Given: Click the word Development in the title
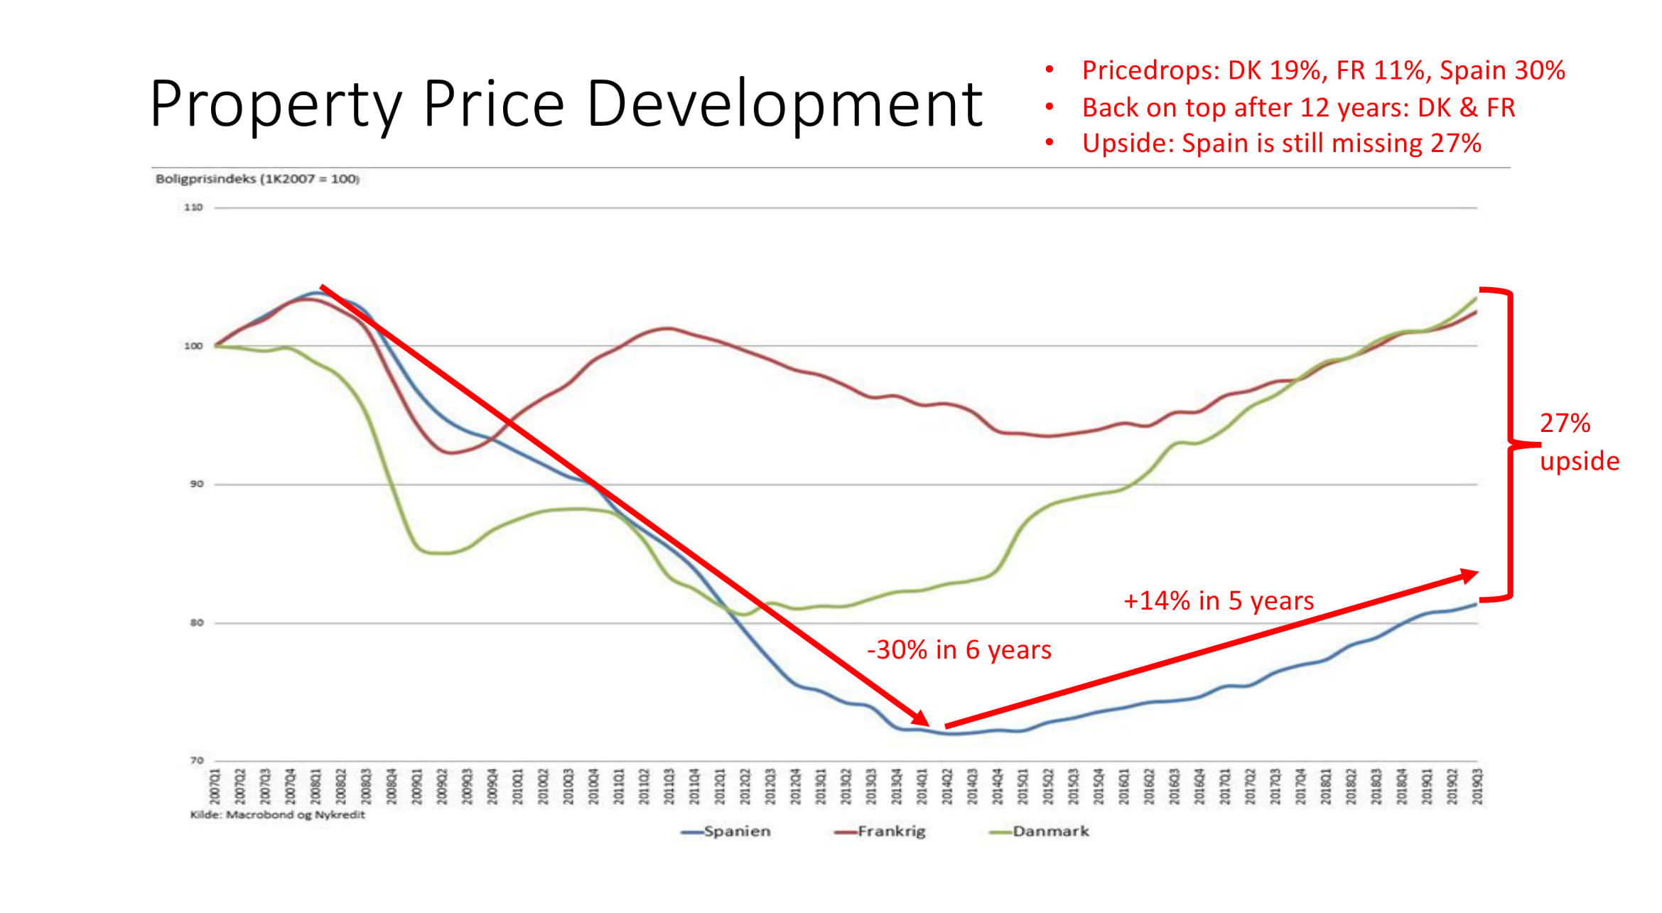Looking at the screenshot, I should [x=784, y=104].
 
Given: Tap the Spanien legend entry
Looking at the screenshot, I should [x=736, y=831].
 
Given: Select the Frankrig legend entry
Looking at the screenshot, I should [x=891, y=831].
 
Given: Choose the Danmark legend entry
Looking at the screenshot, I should [x=1050, y=831].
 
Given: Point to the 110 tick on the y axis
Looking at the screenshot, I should [x=193, y=207].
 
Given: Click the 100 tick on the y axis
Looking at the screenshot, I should [x=193, y=346].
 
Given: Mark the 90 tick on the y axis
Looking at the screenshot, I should [x=196, y=484].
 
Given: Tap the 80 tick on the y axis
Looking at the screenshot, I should [x=196, y=623].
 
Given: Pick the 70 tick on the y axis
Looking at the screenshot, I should [x=196, y=761].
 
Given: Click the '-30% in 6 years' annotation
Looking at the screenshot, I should [x=959, y=650].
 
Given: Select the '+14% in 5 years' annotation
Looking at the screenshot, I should [x=1219, y=601].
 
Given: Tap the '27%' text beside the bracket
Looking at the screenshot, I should [x=1565, y=423].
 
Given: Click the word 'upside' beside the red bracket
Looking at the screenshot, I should [x=1580, y=461].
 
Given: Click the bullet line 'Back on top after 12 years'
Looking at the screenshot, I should [x=1298, y=107].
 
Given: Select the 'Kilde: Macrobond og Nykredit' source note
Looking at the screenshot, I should [x=277, y=815].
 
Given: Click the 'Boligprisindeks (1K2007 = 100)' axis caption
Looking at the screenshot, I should [x=257, y=179].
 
